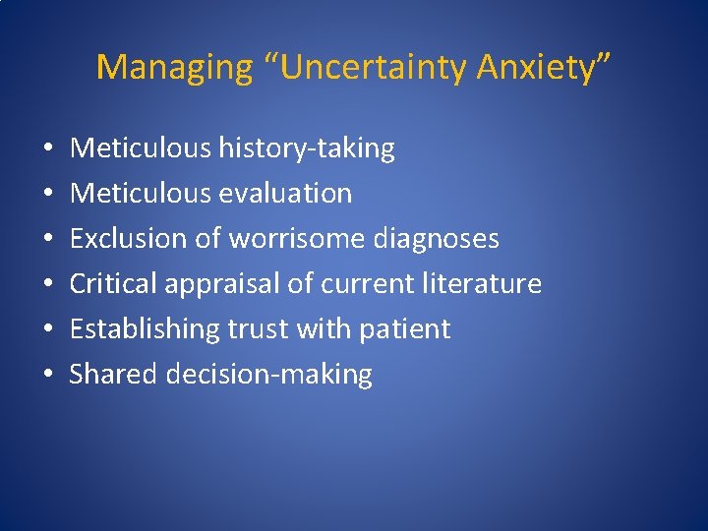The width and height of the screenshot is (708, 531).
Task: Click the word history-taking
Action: [x=307, y=148]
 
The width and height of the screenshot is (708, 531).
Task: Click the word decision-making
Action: [x=269, y=374]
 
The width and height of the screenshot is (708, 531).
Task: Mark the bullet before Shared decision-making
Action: [x=47, y=375]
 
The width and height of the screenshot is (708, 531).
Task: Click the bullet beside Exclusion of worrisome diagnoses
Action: [x=47, y=239]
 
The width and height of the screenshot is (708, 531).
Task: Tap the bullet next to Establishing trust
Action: [x=47, y=329]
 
